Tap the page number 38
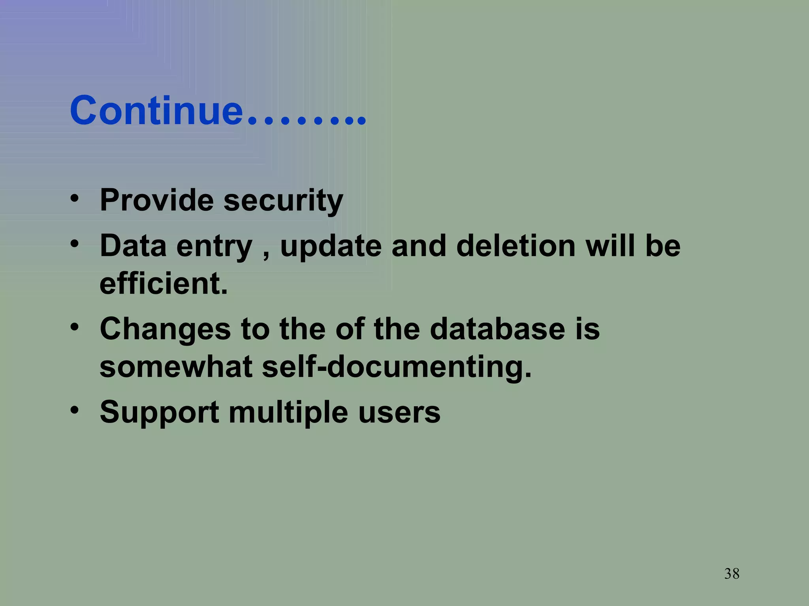[x=732, y=574]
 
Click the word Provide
[x=156, y=200]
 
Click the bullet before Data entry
[x=74, y=243]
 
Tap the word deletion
[x=516, y=246]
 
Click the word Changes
[x=165, y=329]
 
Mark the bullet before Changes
[x=74, y=327]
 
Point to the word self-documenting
[x=397, y=367]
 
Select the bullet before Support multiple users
[x=74, y=410]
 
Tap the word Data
[x=133, y=246]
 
